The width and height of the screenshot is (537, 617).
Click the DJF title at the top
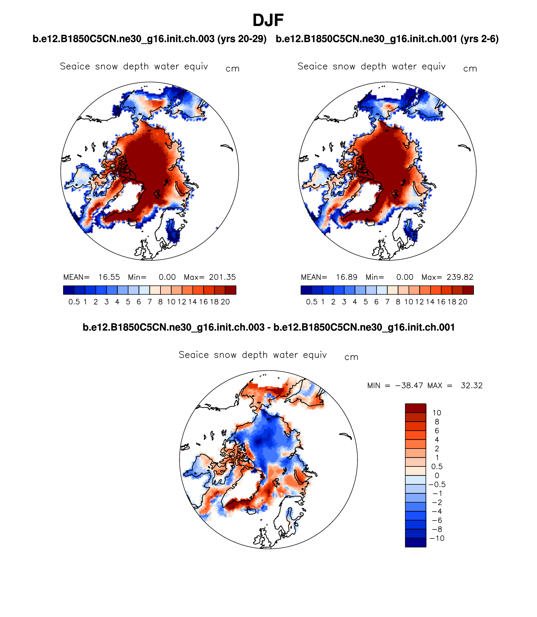(268, 20)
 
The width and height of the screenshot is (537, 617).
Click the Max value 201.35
(222, 277)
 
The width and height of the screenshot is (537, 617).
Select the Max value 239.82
(460, 277)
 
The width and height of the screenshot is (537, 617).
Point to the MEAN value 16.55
(109, 277)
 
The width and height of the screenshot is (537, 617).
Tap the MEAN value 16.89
(346, 277)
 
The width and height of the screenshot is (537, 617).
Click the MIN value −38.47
(409, 386)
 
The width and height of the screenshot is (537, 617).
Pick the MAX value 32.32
(471, 386)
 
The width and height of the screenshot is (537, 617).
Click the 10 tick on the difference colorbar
(437, 413)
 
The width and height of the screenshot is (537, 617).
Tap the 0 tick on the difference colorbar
(437, 476)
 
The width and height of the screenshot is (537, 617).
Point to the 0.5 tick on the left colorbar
(74, 302)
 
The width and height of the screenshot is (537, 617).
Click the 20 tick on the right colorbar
(463, 302)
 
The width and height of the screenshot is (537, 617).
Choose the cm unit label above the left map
(232, 69)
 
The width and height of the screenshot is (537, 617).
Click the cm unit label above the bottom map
(351, 357)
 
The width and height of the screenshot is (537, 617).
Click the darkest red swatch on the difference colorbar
(415, 408)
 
